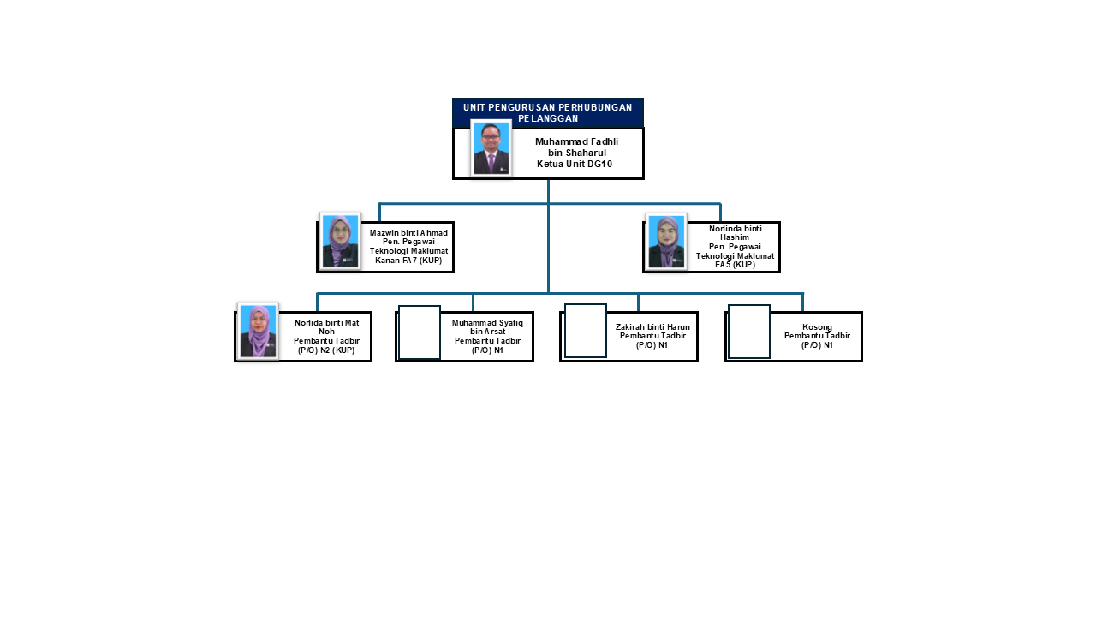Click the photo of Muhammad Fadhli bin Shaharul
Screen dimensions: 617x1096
(x=491, y=148)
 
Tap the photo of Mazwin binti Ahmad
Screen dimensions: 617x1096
(x=340, y=241)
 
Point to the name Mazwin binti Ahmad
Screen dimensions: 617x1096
(x=408, y=233)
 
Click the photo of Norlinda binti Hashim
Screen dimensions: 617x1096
(x=666, y=241)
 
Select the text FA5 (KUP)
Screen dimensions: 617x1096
(x=735, y=265)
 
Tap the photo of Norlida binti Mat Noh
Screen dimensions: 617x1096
(x=258, y=331)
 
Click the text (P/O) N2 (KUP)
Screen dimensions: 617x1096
(x=326, y=350)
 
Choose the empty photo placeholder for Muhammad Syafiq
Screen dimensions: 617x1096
(x=420, y=332)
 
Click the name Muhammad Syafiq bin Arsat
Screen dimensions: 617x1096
(x=487, y=327)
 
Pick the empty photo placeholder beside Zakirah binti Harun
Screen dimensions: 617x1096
(x=586, y=331)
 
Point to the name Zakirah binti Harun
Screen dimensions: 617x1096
(x=652, y=326)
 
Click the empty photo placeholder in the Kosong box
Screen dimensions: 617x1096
(x=749, y=332)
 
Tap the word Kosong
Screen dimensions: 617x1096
(x=817, y=326)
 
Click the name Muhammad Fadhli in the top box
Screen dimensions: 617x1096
(x=576, y=141)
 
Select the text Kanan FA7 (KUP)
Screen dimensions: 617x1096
(x=408, y=260)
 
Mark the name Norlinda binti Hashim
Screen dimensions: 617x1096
(x=735, y=233)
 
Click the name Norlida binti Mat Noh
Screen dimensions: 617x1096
(x=326, y=326)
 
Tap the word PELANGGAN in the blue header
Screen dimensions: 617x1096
(x=548, y=118)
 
